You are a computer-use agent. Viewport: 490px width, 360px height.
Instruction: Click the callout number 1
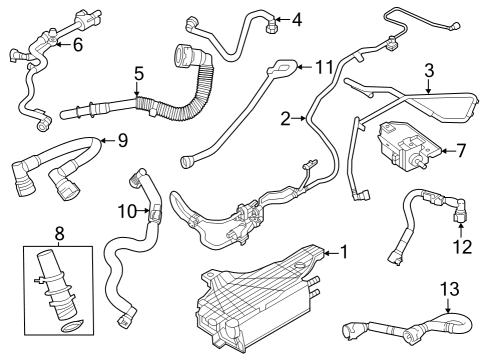click(x=343, y=252)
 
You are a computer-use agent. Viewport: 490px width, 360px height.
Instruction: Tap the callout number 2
click(x=286, y=119)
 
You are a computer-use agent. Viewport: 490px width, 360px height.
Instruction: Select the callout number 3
click(x=428, y=71)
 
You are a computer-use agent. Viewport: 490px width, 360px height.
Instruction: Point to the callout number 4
click(x=295, y=18)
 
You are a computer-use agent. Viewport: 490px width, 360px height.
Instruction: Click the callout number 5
click(x=139, y=73)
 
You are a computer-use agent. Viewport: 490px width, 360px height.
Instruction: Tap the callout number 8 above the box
click(x=59, y=235)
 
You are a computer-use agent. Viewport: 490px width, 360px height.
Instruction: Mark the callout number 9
click(x=121, y=141)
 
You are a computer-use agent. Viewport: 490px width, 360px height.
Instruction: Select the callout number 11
click(x=322, y=67)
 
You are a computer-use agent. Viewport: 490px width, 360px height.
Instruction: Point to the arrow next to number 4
click(x=280, y=18)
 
